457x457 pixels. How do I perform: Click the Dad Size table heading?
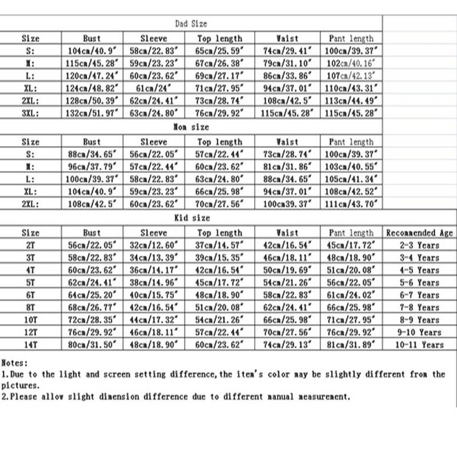coord(191,24)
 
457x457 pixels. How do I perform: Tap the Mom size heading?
coord(191,127)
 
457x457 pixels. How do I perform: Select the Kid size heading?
coord(191,218)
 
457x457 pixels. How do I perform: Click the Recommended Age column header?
coord(419,232)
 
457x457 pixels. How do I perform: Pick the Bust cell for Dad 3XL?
coord(91,113)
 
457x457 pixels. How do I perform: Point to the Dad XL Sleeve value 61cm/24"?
coord(154,87)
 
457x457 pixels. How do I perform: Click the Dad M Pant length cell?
coord(351,63)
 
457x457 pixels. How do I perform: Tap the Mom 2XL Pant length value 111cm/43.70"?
coord(351,204)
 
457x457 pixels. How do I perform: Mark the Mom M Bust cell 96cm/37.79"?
coord(91,166)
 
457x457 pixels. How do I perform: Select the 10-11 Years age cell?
coord(419,344)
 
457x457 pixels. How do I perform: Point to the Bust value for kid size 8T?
coord(91,307)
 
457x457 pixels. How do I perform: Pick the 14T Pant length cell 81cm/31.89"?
coord(351,344)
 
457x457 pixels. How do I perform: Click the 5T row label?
coord(30,282)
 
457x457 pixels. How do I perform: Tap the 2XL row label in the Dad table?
coord(30,100)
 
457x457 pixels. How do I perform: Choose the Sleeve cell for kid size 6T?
coord(154,295)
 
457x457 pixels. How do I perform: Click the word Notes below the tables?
coord(14,362)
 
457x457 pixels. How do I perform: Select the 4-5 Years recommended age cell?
coord(419,270)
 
